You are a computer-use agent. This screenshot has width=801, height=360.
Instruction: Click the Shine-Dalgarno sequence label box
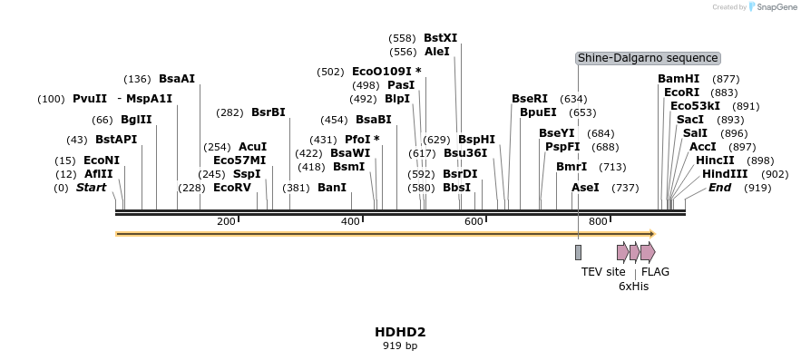648,58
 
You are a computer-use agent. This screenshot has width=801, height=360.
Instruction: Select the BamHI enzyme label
679,79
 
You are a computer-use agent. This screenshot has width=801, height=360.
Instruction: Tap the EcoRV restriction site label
231,188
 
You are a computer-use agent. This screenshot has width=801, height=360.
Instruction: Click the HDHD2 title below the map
399,332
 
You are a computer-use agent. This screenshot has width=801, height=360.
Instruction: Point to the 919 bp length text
399,345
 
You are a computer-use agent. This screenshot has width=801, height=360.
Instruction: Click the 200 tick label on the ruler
226,221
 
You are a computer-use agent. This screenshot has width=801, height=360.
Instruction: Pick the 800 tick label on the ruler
597,221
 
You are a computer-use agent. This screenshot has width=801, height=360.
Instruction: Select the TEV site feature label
603,271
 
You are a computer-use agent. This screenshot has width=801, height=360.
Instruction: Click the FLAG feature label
655,271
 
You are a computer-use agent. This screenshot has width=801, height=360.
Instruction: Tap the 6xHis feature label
633,286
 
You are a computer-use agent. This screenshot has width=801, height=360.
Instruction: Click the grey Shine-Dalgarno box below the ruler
578,252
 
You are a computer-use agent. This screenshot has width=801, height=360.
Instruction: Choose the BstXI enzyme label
440,38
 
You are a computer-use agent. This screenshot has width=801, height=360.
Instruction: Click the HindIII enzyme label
725,174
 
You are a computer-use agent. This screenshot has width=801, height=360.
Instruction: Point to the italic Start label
91,188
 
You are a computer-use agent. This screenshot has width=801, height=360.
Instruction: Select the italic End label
719,188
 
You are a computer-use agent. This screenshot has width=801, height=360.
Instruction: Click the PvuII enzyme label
90,99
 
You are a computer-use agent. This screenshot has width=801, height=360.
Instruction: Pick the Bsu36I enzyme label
464,153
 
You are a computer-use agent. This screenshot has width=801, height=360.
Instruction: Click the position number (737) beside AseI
625,188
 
